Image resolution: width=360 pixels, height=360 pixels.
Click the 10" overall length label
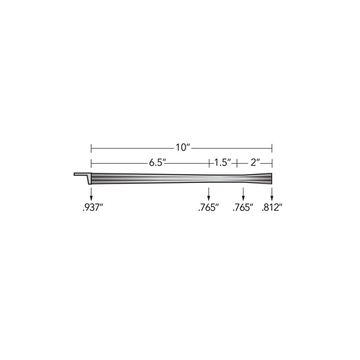(184, 148)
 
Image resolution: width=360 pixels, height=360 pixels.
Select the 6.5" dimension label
(157, 163)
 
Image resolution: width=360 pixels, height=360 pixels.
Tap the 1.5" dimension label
(223, 163)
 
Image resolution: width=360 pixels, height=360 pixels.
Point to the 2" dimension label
(255, 163)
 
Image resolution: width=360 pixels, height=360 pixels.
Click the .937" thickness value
(92, 208)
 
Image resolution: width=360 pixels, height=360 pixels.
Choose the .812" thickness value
(272, 208)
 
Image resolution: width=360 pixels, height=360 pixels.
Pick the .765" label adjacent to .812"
(243, 208)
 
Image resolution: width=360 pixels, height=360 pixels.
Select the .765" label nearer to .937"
(208, 208)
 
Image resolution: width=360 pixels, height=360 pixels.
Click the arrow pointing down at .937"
(91, 194)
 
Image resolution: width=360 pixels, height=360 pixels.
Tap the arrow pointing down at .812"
(272, 194)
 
